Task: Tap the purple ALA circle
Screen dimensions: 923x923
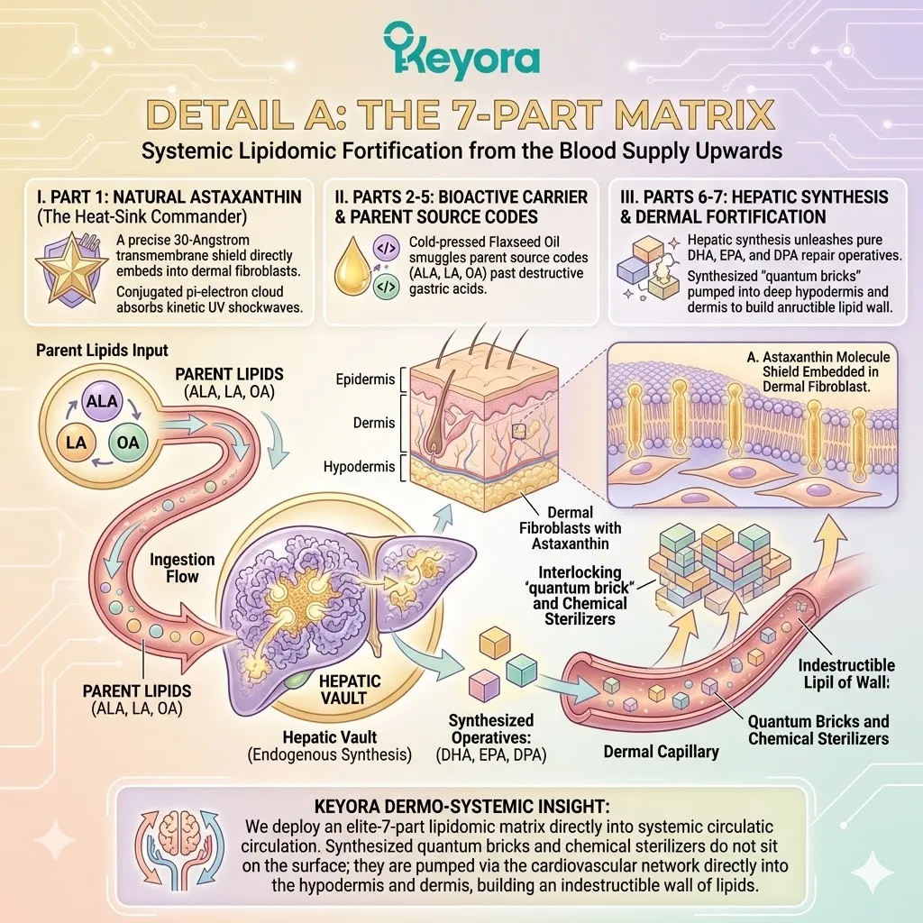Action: (103, 402)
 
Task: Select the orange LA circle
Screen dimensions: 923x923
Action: (76, 443)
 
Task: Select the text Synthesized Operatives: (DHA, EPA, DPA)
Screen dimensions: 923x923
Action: (491, 737)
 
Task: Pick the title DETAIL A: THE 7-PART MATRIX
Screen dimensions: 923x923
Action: (461, 116)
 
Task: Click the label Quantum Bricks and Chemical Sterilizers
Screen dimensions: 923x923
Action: (818, 730)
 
